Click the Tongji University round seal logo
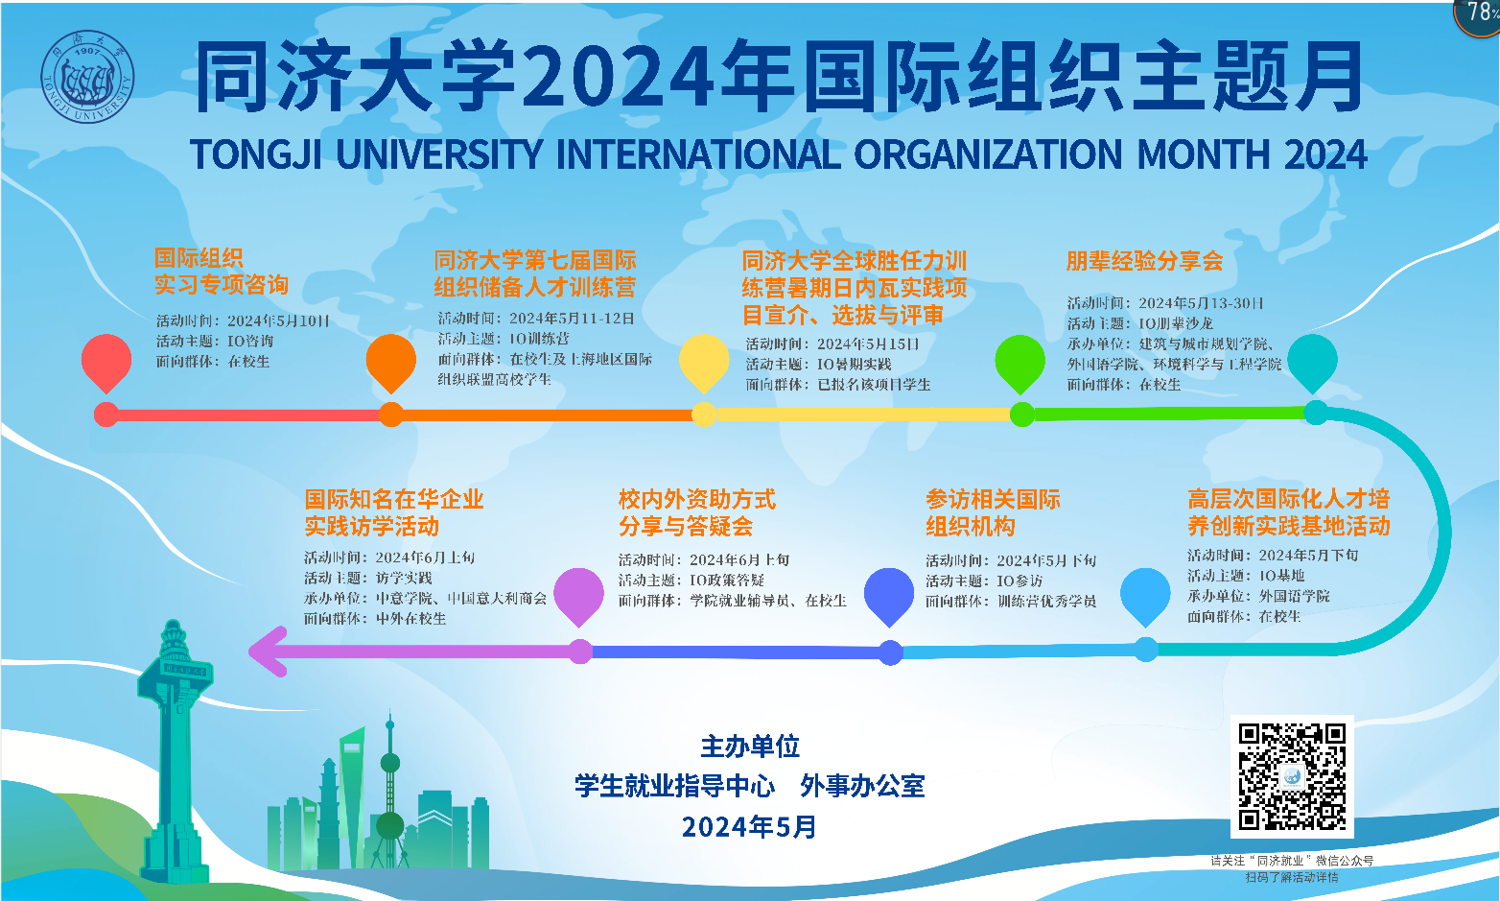click(87, 77)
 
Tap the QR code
click(1292, 776)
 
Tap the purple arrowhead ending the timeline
click(268, 652)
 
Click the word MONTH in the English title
click(1204, 154)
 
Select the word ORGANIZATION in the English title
click(988, 154)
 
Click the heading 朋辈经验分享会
click(1144, 261)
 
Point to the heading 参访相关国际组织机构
click(993, 512)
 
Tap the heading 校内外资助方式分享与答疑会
click(697, 512)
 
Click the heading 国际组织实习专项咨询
click(221, 272)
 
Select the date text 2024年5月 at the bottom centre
click(749, 827)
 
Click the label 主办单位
click(750, 747)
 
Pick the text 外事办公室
click(862, 787)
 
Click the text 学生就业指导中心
click(675, 787)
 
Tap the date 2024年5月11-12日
click(572, 319)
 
